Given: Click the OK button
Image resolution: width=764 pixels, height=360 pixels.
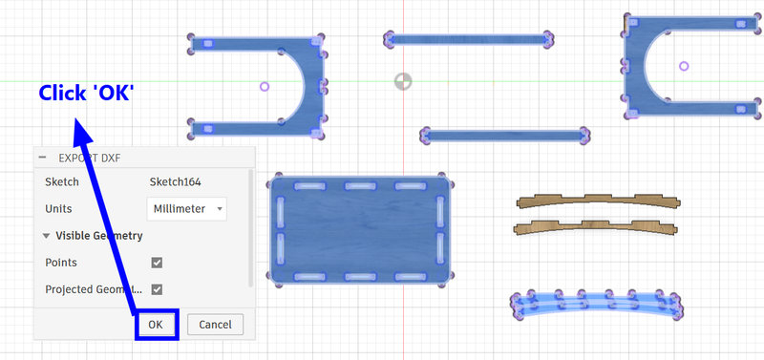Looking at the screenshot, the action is pyautogui.click(x=156, y=325).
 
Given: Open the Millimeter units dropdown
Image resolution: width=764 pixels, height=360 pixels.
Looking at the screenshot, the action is pyautogui.click(x=186, y=208).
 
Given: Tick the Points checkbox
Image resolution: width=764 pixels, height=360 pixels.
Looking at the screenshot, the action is pyautogui.click(x=157, y=263).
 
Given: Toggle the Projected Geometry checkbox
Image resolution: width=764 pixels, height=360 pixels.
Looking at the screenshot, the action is pyautogui.click(x=157, y=289).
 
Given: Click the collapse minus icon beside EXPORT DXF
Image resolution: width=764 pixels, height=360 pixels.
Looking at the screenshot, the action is pyautogui.click(x=43, y=158).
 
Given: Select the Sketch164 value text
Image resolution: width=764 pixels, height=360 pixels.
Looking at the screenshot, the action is pyautogui.click(x=175, y=182).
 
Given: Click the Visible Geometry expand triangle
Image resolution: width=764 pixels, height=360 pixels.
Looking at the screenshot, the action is pyautogui.click(x=46, y=236).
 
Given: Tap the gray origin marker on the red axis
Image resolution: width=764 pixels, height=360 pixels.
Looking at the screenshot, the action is pyautogui.click(x=403, y=81).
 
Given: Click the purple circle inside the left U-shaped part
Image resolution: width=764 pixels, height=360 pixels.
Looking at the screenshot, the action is pyautogui.click(x=265, y=87).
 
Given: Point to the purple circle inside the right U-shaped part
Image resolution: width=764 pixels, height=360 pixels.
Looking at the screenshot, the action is pyautogui.click(x=684, y=66).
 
